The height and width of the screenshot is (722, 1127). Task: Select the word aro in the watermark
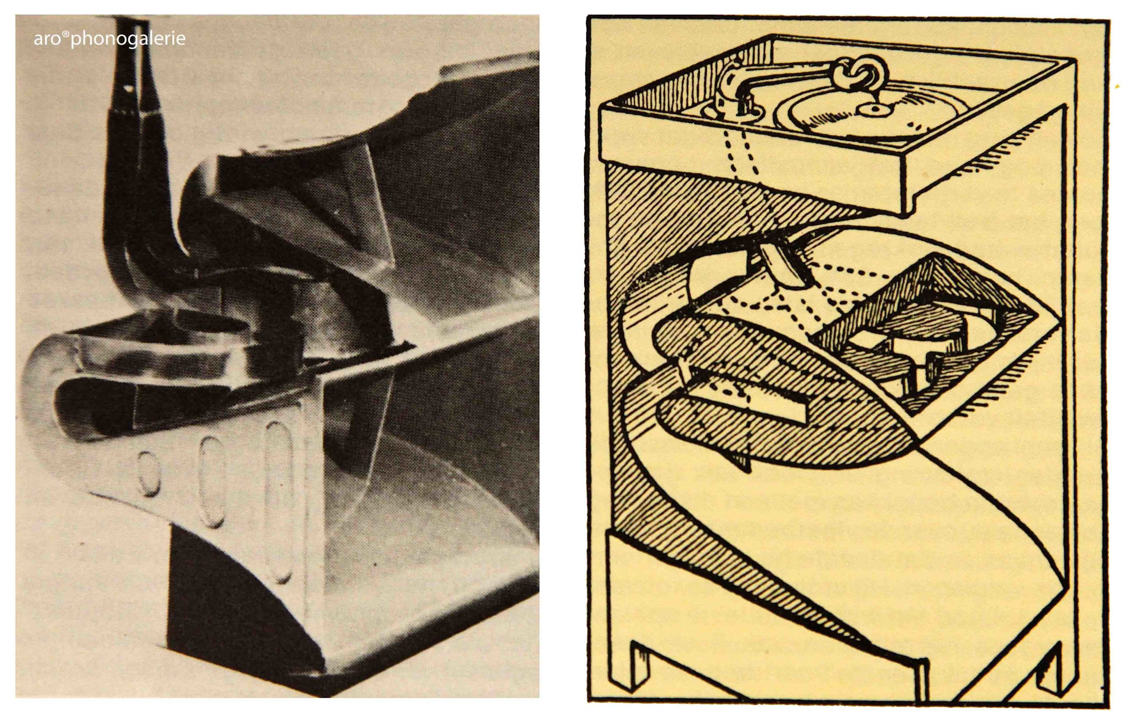48,40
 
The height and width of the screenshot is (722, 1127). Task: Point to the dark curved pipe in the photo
141,178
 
